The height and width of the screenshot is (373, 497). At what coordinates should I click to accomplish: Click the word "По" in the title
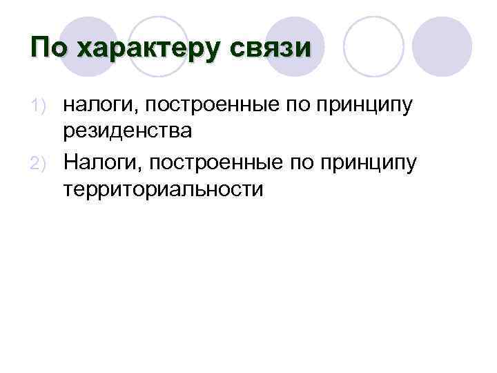pyautogui.click(x=48, y=48)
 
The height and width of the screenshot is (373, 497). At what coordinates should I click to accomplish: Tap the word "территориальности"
pyautogui.click(x=164, y=189)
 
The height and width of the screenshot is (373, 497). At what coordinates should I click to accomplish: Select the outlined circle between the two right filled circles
pyautogui.click(x=373, y=46)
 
